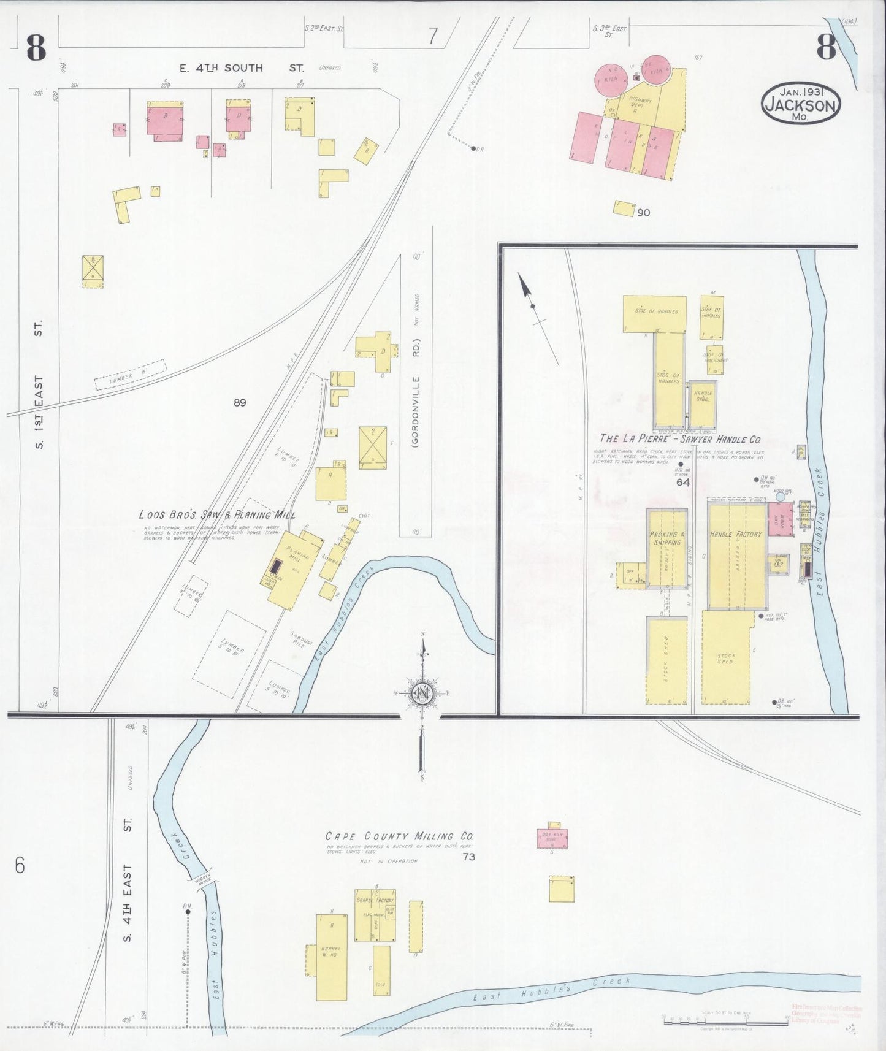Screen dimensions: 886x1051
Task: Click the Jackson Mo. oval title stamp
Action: pyautogui.click(x=801, y=105)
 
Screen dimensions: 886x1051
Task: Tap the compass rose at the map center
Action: pyautogui.click(x=422, y=694)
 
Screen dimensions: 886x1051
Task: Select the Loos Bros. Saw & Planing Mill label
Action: pyautogui.click(x=217, y=516)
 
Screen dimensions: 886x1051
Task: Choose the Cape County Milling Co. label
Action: pyautogui.click(x=399, y=836)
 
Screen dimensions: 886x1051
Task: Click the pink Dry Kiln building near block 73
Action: pyautogui.click(x=552, y=838)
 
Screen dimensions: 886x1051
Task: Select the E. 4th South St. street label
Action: pyautogui.click(x=221, y=68)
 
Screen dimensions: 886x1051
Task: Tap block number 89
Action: pyautogui.click(x=240, y=403)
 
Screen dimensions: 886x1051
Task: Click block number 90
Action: pyautogui.click(x=643, y=213)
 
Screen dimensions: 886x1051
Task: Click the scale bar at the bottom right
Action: pyautogui.click(x=724, y=1018)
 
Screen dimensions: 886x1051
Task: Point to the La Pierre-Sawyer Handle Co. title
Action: pyautogui.click(x=681, y=439)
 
